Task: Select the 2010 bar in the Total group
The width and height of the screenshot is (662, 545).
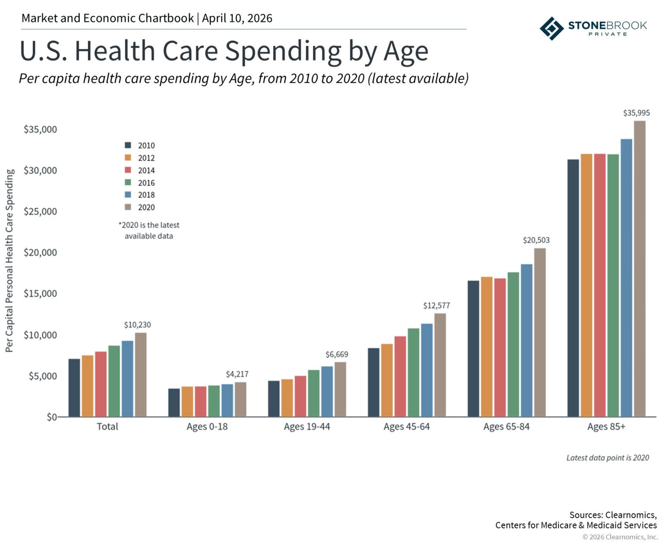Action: tap(74, 388)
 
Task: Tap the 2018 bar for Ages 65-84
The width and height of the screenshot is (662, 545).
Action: tap(526, 340)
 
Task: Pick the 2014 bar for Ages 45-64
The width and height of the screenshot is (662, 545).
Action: tap(400, 376)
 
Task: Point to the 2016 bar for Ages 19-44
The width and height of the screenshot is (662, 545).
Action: tap(314, 393)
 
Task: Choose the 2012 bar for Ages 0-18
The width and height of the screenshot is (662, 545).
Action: tap(187, 402)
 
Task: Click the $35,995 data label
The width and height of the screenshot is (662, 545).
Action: tap(636, 113)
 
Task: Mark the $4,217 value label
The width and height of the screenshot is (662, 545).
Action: tap(237, 374)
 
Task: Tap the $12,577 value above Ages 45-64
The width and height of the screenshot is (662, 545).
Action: tap(436, 305)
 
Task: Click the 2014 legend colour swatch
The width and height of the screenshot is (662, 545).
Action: tap(128, 170)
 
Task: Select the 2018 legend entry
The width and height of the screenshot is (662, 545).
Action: tap(146, 195)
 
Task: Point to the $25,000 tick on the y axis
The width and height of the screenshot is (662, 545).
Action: tap(40, 212)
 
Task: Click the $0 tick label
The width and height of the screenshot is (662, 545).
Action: tap(52, 417)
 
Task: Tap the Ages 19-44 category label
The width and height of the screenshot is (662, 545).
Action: tap(307, 427)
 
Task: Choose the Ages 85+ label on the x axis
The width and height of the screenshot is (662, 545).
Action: tap(606, 427)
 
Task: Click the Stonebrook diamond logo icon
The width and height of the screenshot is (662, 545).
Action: tap(551, 28)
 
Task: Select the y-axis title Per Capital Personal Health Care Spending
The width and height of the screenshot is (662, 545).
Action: tap(9, 260)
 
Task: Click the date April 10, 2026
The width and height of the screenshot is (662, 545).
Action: tap(237, 18)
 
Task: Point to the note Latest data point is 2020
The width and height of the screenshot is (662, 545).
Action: tap(607, 458)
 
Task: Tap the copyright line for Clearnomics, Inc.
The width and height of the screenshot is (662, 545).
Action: tap(620, 537)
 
